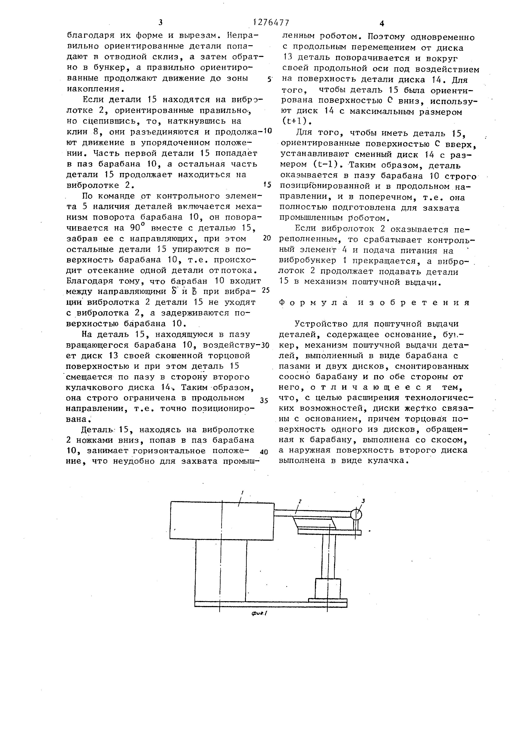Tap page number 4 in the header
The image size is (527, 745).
[382, 23]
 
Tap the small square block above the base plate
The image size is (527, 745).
[328, 588]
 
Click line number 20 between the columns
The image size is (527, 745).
[267, 238]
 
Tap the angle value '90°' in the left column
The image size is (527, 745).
[137, 227]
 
